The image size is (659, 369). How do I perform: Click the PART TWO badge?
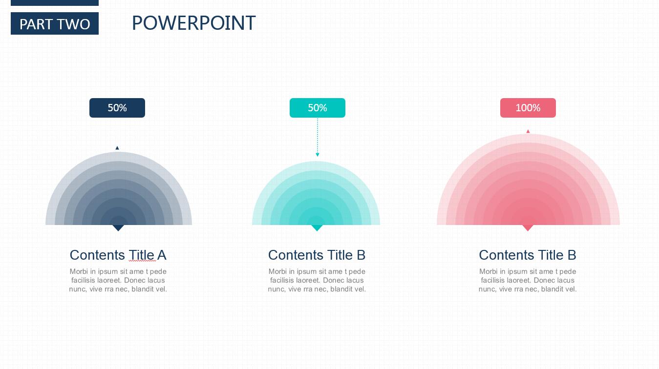55,23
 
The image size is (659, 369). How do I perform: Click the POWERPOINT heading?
194,23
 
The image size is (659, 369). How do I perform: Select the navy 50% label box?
117,108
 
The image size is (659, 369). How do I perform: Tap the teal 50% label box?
318,108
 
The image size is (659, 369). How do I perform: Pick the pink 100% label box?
528,108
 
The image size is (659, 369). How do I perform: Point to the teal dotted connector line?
318,136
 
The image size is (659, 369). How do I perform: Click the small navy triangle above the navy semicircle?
117,148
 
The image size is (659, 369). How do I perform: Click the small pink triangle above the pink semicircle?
528,131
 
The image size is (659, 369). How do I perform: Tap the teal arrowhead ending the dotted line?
318,155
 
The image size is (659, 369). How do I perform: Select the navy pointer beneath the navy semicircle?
118,227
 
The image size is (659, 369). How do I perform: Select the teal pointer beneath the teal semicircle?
317,227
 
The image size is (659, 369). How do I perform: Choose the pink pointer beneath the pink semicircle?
528,227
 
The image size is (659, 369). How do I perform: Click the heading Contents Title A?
118,255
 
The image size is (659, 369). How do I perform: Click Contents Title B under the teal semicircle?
317,255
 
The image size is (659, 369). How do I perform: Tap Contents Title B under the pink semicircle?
528,255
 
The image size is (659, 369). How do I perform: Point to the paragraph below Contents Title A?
118,280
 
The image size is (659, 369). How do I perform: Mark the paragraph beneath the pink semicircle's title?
528,280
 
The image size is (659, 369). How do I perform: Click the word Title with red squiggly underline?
142,255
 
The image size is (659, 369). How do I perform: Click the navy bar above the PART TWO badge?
55,2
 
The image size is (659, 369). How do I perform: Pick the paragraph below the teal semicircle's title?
317,280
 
